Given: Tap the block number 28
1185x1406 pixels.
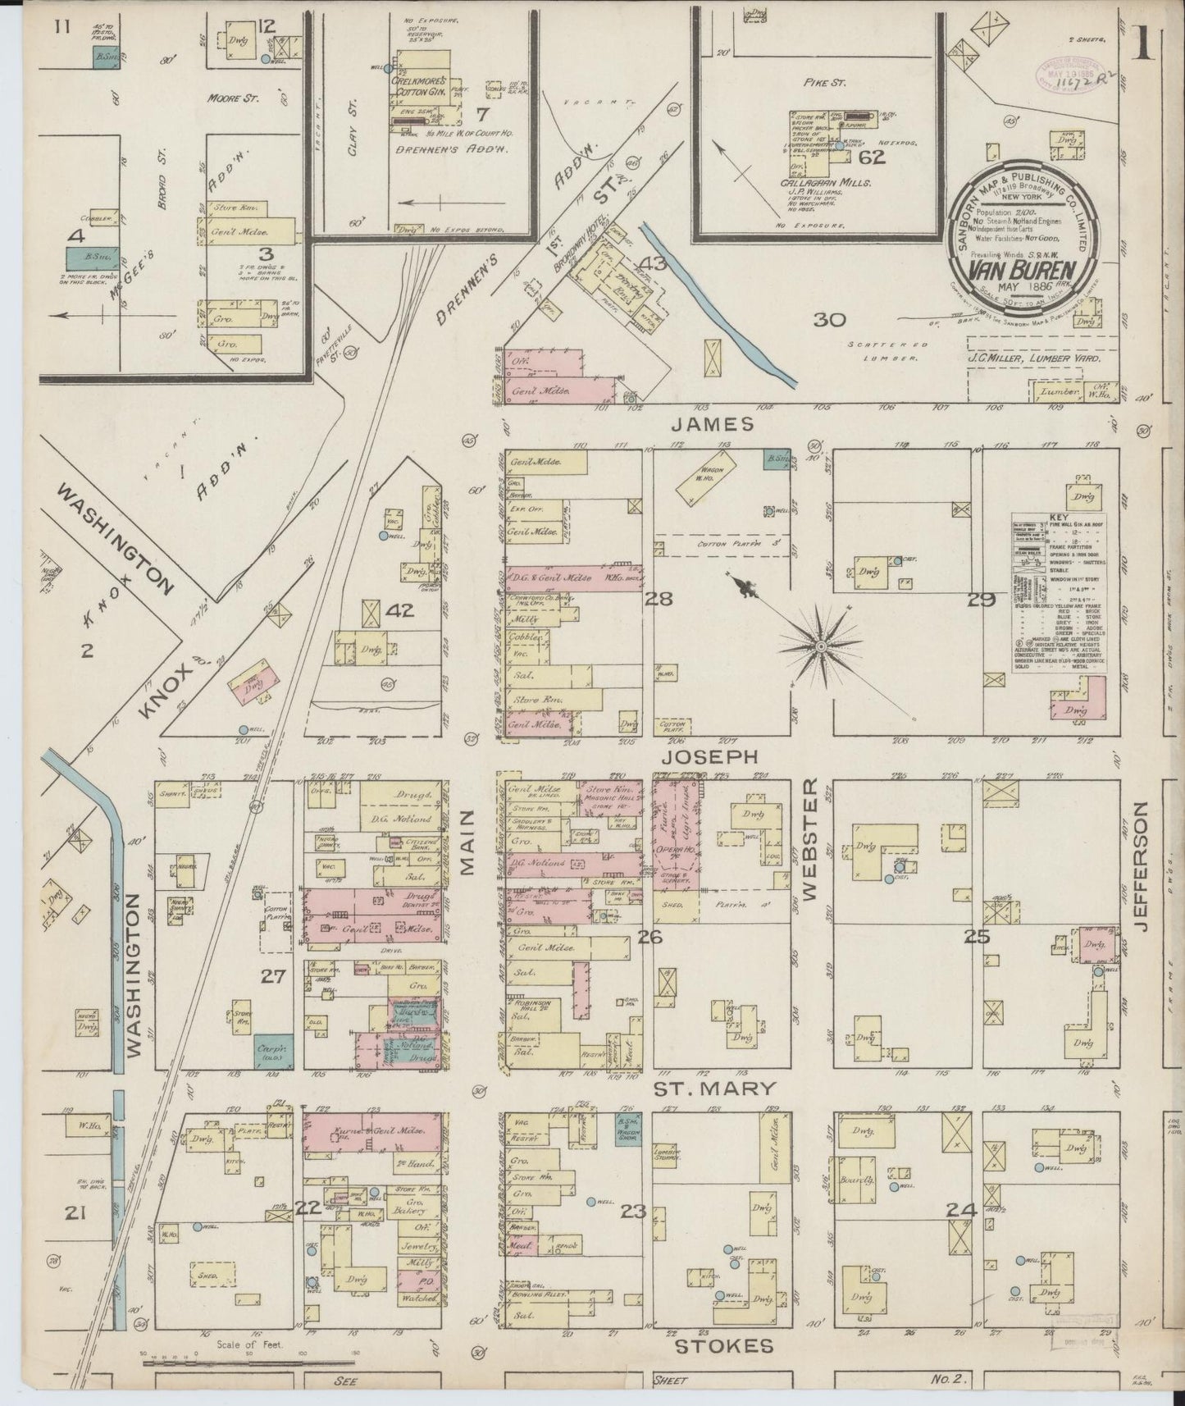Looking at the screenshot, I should (659, 599).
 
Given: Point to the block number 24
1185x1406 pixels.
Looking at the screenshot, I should (959, 1209).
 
